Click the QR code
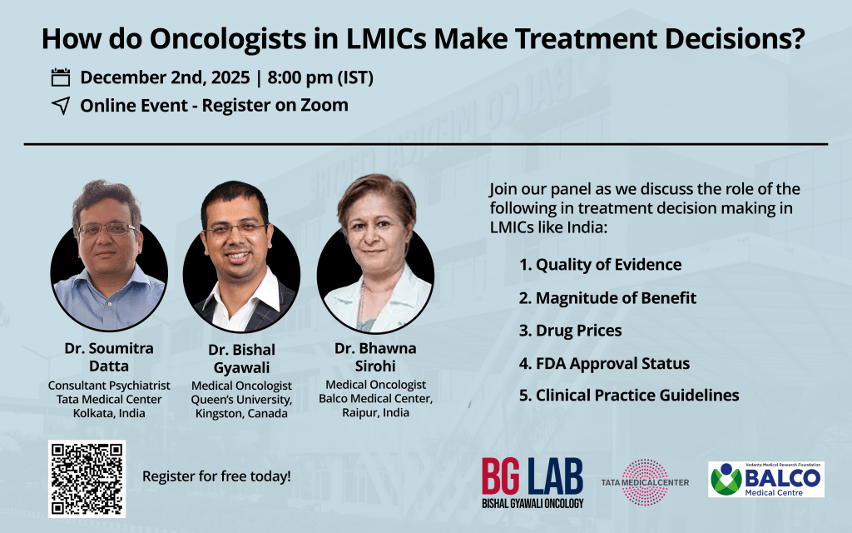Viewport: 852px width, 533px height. pyautogui.click(x=87, y=479)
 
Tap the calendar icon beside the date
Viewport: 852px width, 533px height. pyautogui.click(x=60, y=77)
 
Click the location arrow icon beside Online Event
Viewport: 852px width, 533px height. pyautogui.click(x=61, y=106)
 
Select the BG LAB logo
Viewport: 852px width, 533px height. pyautogui.click(x=532, y=482)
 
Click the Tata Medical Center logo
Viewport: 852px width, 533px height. pyautogui.click(x=645, y=482)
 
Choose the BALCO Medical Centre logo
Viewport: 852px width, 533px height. pyautogui.click(x=766, y=479)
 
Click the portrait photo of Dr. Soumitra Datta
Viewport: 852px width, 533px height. pyautogui.click(x=109, y=256)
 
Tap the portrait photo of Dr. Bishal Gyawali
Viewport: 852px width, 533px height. pyautogui.click(x=241, y=257)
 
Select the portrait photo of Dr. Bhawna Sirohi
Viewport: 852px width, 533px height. pyautogui.click(x=375, y=253)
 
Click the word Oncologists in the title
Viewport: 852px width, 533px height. pyautogui.click(x=228, y=39)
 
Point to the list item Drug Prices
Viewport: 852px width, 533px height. pyautogui.click(x=571, y=331)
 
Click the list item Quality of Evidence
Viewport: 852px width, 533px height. pyautogui.click(x=601, y=265)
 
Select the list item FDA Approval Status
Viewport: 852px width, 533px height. pyautogui.click(x=604, y=363)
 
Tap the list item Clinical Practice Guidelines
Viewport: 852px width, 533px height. pyautogui.click(x=629, y=396)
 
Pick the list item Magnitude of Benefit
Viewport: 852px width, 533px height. pyautogui.click(x=607, y=298)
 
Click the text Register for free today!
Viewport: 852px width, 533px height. pyautogui.click(x=216, y=476)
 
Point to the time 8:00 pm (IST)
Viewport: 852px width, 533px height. pyautogui.click(x=320, y=77)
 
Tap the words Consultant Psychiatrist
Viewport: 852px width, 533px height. pyautogui.click(x=109, y=386)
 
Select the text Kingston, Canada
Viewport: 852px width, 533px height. pyautogui.click(x=241, y=413)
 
